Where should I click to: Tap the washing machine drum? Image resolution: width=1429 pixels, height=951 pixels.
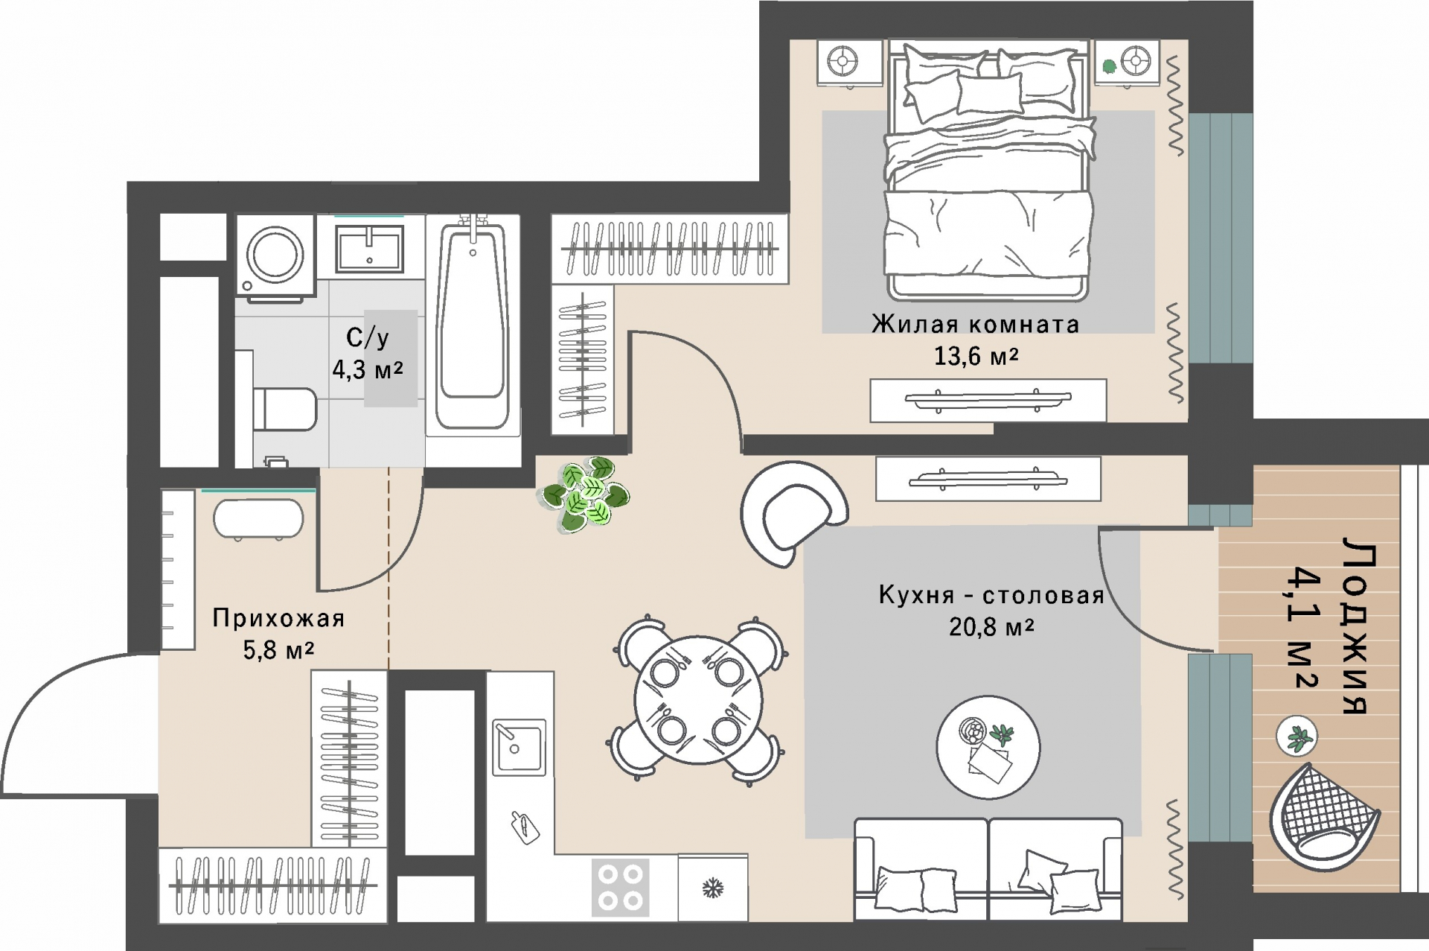point(275,254)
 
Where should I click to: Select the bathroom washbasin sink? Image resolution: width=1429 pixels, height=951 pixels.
point(370,248)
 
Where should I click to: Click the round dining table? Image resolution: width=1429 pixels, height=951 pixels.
point(698,700)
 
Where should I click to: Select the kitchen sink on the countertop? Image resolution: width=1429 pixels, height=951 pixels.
point(519,746)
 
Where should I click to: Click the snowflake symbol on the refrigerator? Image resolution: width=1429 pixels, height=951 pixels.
point(713,888)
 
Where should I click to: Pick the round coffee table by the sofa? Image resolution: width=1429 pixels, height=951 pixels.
point(988,747)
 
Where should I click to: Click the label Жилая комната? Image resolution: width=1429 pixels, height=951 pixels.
point(975,325)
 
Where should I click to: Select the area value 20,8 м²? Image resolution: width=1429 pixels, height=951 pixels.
point(991,627)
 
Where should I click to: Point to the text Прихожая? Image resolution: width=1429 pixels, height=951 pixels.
point(278,618)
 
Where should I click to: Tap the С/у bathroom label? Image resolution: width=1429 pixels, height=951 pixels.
point(368,338)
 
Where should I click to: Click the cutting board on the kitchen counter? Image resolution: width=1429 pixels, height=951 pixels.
point(525,827)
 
